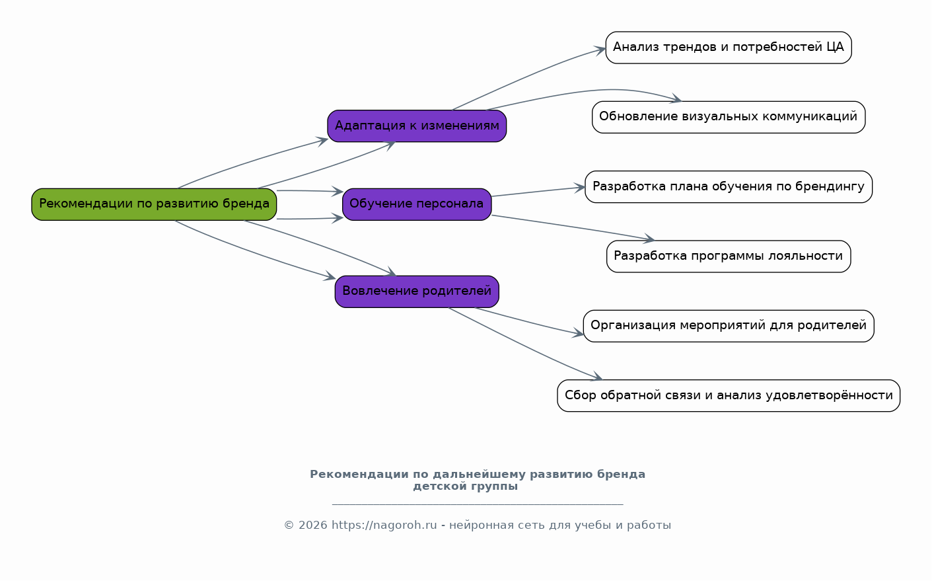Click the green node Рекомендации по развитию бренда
(x=154, y=204)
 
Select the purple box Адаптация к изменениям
(x=417, y=126)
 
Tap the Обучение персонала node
(x=417, y=204)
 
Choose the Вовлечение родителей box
(x=417, y=291)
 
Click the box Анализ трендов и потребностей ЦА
(x=729, y=48)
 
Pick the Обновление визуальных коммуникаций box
(x=729, y=117)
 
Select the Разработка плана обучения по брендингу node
(x=729, y=187)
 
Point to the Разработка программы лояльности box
(x=729, y=256)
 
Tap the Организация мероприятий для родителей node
(x=729, y=326)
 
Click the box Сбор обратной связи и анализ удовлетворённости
(x=729, y=396)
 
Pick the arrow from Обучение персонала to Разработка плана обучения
(x=538, y=192)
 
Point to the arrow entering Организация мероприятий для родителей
(x=528, y=322)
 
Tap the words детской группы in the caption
(x=466, y=487)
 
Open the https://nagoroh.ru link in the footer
(x=384, y=525)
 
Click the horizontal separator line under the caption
(x=477, y=504)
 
